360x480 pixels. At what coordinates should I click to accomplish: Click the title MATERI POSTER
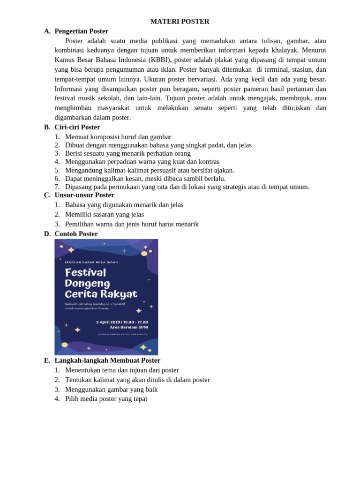point(180,22)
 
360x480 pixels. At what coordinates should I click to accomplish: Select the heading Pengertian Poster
point(81,31)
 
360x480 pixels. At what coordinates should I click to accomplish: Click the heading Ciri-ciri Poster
point(77,127)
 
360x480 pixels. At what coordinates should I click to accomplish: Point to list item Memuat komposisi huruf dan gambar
point(118,137)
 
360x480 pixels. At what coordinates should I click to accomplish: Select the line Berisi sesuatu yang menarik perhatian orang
point(127,153)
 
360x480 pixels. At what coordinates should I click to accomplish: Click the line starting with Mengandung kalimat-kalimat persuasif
point(150,170)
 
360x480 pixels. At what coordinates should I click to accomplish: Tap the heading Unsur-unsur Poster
point(84,195)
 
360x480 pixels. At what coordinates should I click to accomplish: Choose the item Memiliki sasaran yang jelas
point(105,214)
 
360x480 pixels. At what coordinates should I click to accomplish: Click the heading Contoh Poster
point(76,234)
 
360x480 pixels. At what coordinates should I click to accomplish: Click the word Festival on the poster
point(85,272)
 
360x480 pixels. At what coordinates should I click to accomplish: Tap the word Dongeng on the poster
point(87,283)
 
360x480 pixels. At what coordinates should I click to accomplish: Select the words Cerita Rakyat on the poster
point(101,294)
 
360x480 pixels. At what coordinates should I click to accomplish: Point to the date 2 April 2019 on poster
point(108,322)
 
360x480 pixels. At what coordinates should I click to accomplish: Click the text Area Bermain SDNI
point(129,327)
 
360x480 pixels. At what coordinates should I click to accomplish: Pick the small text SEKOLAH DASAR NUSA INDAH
point(91,262)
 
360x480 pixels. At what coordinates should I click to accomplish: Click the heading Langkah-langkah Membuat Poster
point(107,360)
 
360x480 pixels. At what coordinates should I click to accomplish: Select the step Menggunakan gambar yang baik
point(111,390)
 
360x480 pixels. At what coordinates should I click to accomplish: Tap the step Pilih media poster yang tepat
point(106,399)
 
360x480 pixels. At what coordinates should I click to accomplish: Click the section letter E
point(47,360)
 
